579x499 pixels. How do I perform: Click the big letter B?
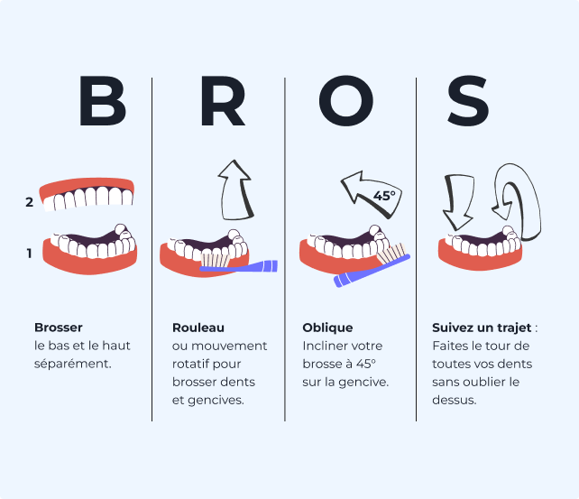coord(102,102)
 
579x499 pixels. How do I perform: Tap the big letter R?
coord(222,102)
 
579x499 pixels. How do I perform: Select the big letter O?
coord(345,102)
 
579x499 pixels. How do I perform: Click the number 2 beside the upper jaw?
coord(30,202)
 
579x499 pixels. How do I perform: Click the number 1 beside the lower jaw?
coord(29,254)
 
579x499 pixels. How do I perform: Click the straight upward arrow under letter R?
coord(235,189)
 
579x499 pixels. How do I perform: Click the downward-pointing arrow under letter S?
coord(457,201)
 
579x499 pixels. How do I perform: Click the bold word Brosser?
coord(58,328)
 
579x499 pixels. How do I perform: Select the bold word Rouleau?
coord(198,328)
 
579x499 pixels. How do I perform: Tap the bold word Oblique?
coord(327,328)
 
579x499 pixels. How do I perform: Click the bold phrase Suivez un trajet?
coord(482,328)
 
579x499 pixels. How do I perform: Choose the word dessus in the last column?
coord(454,400)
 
